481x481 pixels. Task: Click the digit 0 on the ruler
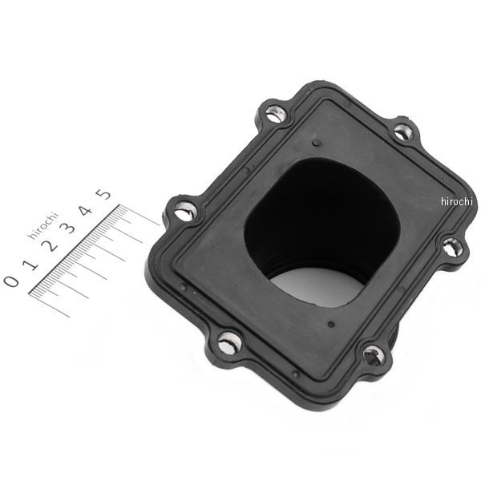(x=11, y=281)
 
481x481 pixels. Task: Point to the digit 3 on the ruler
(x=67, y=228)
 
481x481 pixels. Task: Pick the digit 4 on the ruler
(x=85, y=211)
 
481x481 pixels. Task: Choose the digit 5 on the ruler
(x=103, y=194)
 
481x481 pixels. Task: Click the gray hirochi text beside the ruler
(x=43, y=224)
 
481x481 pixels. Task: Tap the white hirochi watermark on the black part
(x=457, y=201)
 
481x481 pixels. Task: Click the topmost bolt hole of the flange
(x=274, y=114)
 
